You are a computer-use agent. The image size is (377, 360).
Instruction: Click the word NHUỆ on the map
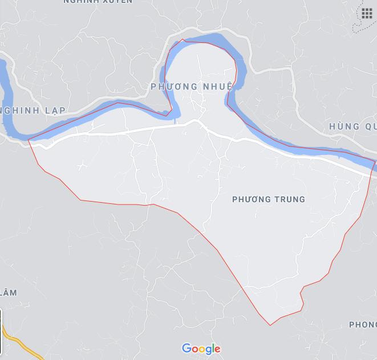216,87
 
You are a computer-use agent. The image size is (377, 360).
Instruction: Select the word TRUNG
290,199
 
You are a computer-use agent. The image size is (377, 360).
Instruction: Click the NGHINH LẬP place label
34,110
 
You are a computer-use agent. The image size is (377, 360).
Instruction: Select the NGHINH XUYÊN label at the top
98,2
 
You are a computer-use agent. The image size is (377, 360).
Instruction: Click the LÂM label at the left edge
8,293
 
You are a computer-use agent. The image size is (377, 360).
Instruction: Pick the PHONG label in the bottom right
363,325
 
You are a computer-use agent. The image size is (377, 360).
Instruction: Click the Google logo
201,349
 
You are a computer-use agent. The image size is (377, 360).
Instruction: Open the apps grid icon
367,13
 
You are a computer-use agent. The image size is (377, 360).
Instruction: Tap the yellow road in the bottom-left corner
20,341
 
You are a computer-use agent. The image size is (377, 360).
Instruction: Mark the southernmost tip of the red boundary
270,325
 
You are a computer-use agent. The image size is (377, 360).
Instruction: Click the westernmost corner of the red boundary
28,140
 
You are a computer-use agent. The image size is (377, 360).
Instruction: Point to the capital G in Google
186,349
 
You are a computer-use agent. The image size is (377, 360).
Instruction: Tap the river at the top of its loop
205,39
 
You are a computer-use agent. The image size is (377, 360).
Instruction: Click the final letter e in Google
217,349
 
